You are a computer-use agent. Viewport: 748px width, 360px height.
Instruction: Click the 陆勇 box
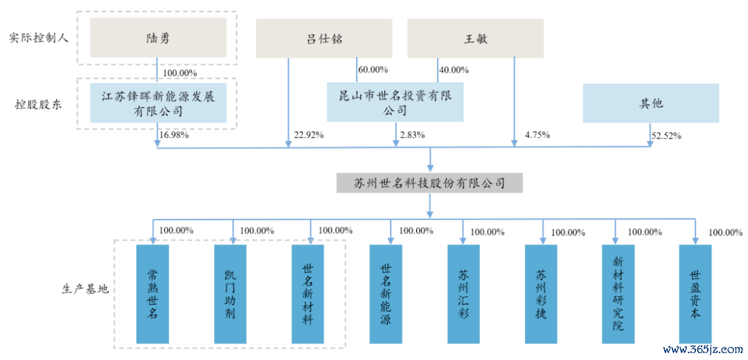pos(157,39)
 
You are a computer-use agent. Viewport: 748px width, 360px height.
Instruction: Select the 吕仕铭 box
pos(324,38)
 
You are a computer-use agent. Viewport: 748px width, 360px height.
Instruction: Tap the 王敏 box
pos(475,38)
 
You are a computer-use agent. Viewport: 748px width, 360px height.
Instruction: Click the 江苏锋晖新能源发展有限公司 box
pos(158,103)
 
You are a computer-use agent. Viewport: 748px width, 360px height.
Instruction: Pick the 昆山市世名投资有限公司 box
pos(395,102)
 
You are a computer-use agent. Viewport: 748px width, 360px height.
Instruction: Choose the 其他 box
pos(650,103)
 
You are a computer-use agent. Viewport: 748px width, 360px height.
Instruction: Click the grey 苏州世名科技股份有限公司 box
pos(429,183)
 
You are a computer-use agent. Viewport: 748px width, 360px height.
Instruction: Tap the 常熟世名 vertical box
pos(152,294)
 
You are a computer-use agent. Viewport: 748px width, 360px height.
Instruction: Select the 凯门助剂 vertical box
pos(231,294)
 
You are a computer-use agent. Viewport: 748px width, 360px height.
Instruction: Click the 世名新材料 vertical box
pos(308,294)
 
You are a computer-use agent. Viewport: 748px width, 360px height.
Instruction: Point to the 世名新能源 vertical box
pos(386,294)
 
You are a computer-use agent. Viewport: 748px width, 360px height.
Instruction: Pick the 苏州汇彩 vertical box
pos(463,294)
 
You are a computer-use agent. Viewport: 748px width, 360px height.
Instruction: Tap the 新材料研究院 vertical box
pos(618,294)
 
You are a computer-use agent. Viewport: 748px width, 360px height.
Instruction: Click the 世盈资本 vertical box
pos(695,294)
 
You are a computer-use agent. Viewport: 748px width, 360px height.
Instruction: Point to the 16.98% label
pos(176,135)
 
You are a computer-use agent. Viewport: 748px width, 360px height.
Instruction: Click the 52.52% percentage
pos(667,136)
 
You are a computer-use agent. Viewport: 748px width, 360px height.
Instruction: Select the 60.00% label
pos(373,70)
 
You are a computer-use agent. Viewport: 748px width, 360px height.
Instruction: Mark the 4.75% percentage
pos(537,135)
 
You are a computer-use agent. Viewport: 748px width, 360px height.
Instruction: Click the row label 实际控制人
pos(39,39)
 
